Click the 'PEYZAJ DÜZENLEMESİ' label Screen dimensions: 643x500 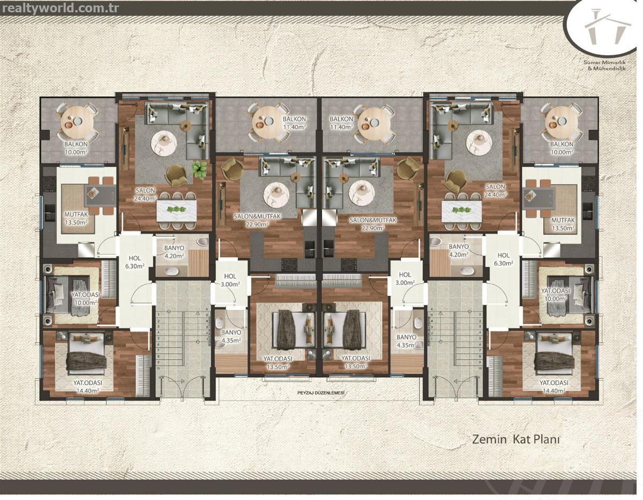pyautogui.click(x=322, y=393)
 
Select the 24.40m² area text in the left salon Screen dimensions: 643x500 pyautogui.click(x=145, y=198)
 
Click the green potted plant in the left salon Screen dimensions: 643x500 pyautogui.click(x=199, y=170)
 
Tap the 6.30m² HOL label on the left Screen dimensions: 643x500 pyautogui.click(x=134, y=262)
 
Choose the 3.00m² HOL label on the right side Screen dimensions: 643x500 pyautogui.click(x=405, y=278)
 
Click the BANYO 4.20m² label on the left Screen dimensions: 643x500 pyautogui.click(x=174, y=252)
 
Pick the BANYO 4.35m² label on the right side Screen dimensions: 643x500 pyautogui.click(x=406, y=341)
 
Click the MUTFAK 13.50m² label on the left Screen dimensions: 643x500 pyautogui.click(x=76, y=218)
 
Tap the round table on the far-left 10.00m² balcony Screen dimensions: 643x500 pyautogui.click(x=76, y=122)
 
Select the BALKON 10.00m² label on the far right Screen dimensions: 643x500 pyautogui.click(x=562, y=148)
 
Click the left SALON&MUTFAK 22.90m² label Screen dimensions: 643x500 pyautogui.click(x=257, y=220)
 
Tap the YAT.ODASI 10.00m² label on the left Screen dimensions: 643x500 pyautogui.click(x=86, y=298)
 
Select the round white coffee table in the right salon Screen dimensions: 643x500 pyautogui.click(x=479, y=144)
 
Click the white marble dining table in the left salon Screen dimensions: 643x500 pyautogui.click(x=176, y=211)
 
